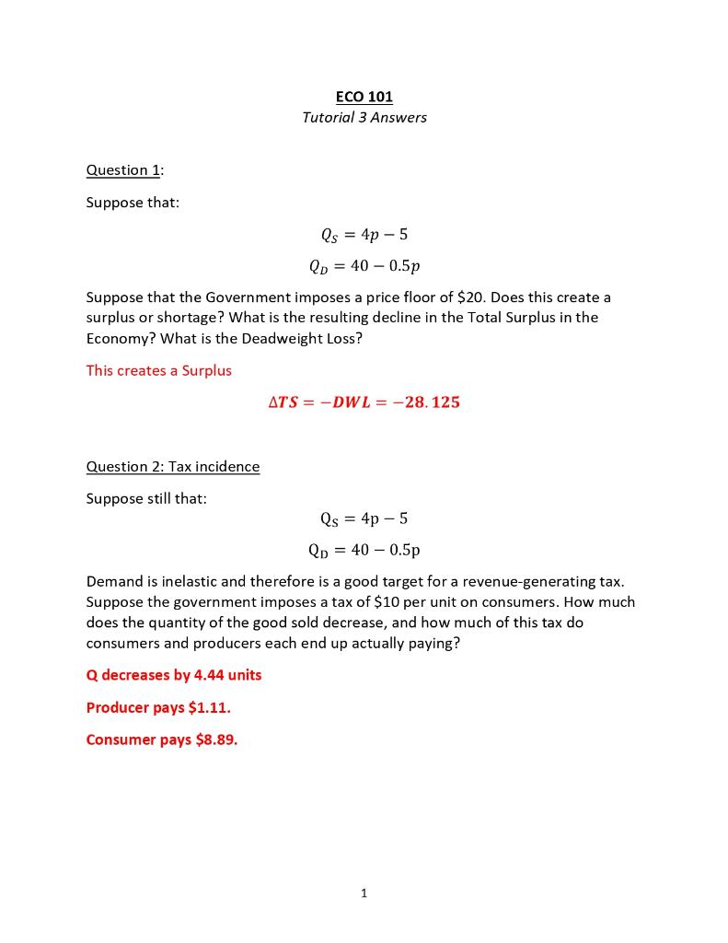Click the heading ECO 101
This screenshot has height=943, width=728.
click(364, 97)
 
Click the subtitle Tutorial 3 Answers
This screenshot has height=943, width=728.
click(364, 117)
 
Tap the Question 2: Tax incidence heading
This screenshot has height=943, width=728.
click(173, 466)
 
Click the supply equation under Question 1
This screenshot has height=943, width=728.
click(364, 235)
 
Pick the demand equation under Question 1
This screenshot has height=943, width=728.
click(364, 266)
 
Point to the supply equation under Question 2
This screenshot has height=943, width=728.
click(364, 518)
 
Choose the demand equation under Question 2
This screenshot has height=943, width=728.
click(364, 550)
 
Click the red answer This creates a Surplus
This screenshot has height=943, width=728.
click(159, 370)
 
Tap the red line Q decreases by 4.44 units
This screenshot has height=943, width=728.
click(174, 675)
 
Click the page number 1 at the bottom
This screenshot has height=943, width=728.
click(364, 892)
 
